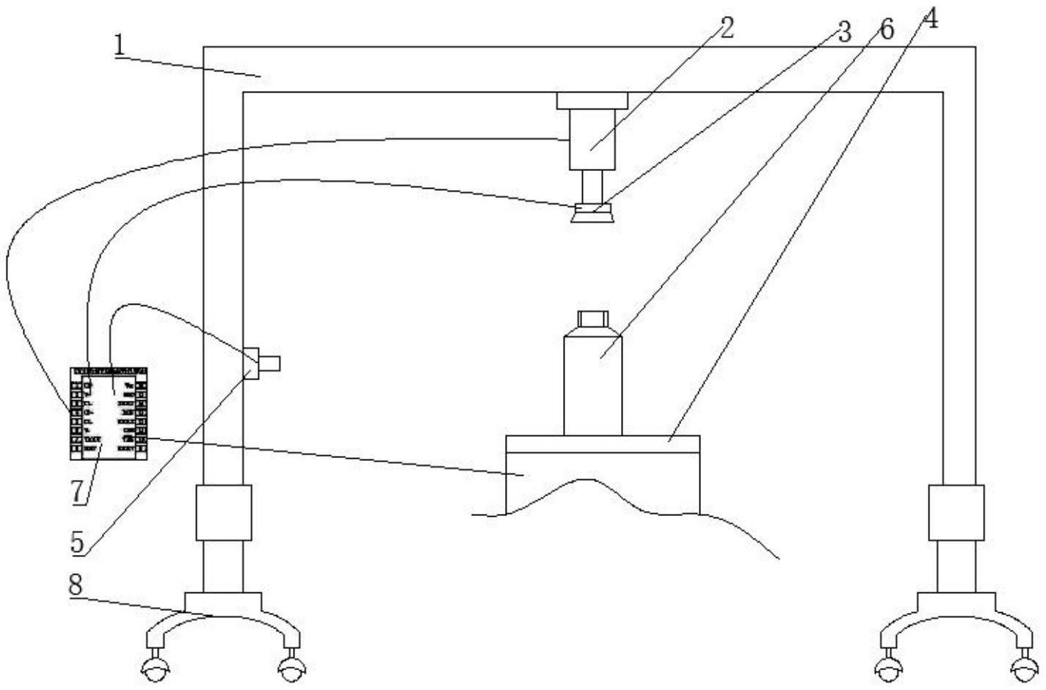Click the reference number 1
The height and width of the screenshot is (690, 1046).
point(119,46)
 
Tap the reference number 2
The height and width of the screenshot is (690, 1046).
point(724,28)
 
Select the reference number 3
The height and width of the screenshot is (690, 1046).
point(843,32)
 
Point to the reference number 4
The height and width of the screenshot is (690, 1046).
point(929,19)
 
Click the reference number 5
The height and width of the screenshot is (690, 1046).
point(79,542)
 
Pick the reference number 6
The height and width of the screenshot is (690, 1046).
point(886,30)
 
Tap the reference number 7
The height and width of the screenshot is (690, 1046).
point(79,492)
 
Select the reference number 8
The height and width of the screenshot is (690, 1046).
point(79,585)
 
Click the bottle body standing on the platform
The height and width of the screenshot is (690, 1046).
point(592,385)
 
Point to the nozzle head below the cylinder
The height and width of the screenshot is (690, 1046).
point(592,213)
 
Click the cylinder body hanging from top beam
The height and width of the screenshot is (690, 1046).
point(592,140)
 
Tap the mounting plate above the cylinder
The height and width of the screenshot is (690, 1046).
point(592,101)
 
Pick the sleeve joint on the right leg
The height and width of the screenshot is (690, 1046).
point(956,512)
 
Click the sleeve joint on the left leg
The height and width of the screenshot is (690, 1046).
point(223,512)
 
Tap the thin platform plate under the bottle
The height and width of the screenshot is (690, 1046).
point(602,444)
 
